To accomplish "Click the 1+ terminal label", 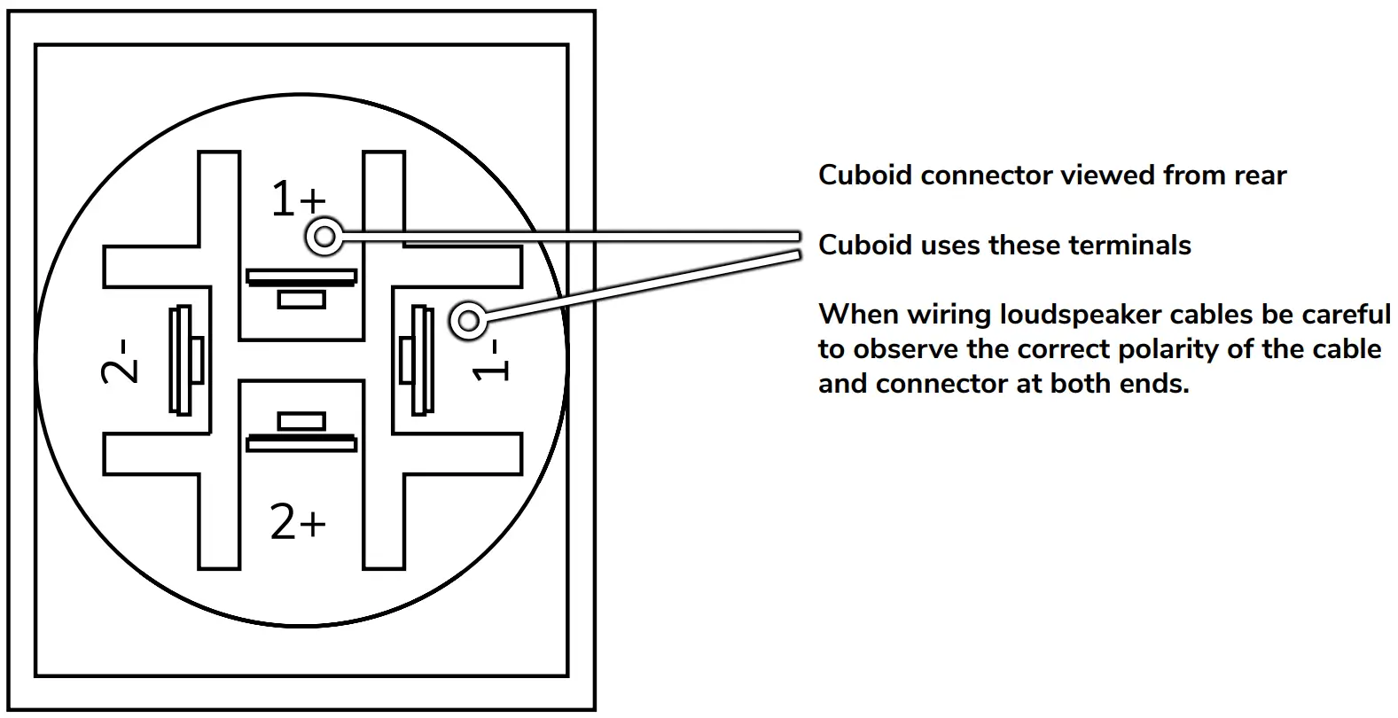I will [298, 199].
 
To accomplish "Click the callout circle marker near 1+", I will [325, 237].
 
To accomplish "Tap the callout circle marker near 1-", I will [468, 321].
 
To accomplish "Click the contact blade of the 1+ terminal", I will [301, 277].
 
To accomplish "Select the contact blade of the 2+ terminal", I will [301, 442].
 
